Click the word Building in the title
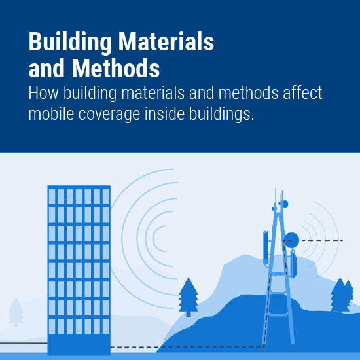click(70, 43)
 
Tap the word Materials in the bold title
click(166, 41)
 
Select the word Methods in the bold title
click(115, 68)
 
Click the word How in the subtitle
click(43, 93)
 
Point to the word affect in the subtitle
click(302, 93)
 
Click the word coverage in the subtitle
click(109, 115)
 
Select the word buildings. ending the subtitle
click(221, 114)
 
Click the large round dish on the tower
click(291, 240)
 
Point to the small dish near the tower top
click(285, 204)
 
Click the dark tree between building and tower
click(189, 297)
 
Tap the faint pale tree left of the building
click(16, 312)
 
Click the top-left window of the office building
click(52, 196)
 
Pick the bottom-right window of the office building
click(106, 326)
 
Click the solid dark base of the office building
click(79, 344)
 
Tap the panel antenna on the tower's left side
click(266, 247)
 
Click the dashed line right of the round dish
click(322, 240)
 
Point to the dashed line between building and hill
click(135, 347)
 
